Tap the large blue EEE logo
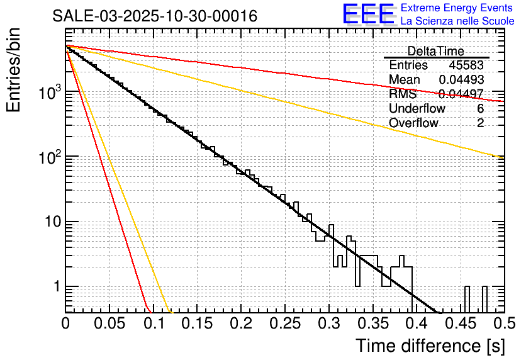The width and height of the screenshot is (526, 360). click(x=368, y=14)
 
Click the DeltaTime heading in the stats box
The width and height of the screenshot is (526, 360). click(x=435, y=51)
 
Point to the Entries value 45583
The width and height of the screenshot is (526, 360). click(x=466, y=65)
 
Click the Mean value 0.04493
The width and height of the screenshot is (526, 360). click(x=461, y=79)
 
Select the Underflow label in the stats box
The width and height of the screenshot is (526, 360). click(x=417, y=108)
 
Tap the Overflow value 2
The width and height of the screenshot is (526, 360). click(x=480, y=123)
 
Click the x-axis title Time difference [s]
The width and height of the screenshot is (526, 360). click(x=429, y=346)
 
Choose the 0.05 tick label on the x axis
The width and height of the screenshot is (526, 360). click(x=109, y=324)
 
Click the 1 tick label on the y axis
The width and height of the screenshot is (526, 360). click(x=55, y=287)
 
